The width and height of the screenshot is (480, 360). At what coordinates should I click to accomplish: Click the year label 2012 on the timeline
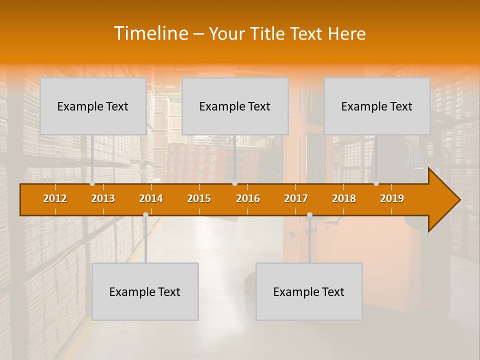[55, 198]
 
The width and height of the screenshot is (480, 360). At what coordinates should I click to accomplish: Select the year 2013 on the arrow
[103, 198]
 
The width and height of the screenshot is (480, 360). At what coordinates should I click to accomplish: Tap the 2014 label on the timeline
[151, 198]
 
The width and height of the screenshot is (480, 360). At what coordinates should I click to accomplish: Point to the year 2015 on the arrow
[199, 198]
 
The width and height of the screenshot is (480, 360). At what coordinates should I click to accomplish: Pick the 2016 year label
[248, 198]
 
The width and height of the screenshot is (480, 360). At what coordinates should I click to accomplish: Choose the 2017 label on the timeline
[296, 198]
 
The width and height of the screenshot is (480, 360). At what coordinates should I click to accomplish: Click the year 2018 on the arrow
[344, 198]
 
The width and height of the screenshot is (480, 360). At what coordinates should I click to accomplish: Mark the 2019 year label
[392, 198]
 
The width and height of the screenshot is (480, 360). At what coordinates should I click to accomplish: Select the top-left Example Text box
[93, 106]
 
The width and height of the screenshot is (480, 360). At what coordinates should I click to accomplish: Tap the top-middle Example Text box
[235, 106]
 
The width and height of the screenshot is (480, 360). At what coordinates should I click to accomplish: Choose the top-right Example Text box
[377, 106]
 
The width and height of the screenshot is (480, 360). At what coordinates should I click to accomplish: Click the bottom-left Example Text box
[145, 291]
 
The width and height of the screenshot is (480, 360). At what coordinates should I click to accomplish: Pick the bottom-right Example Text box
[309, 291]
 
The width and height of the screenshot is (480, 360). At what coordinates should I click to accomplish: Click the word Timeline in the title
[150, 33]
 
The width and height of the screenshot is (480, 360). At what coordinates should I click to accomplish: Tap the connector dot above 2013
[92, 183]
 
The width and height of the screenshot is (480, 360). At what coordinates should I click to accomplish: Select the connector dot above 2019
[376, 183]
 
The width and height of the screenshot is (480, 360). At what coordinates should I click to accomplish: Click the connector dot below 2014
[145, 215]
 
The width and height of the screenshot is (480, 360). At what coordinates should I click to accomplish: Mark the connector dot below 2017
[309, 215]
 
